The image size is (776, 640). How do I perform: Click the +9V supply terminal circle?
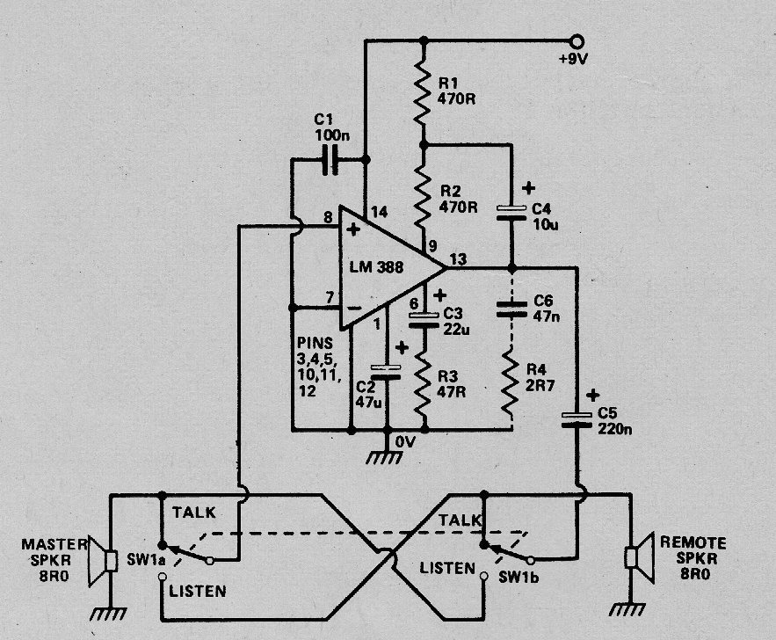tap(576, 40)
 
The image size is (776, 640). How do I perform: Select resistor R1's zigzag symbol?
tap(422, 92)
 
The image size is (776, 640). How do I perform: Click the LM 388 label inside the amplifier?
tap(377, 267)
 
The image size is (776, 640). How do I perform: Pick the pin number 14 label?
tap(379, 212)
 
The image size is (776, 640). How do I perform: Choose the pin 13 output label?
tap(458, 258)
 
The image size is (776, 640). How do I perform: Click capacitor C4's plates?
tap(511, 212)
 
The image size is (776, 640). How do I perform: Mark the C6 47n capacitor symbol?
tap(511, 309)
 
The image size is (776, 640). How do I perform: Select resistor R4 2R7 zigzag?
tap(511, 382)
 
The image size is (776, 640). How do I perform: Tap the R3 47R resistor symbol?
tap(423, 383)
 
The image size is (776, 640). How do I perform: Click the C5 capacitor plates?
tap(577, 419)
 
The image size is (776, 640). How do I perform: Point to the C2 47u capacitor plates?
tap(386, 372)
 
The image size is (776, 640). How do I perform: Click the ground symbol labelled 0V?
tap(385, 457)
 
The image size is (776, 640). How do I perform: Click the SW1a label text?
tap(146, 560)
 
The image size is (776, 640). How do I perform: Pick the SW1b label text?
tap(519, 577)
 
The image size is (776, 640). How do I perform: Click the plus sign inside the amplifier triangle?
tap(353, 229)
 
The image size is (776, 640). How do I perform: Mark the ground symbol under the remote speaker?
tap(627, 608)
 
